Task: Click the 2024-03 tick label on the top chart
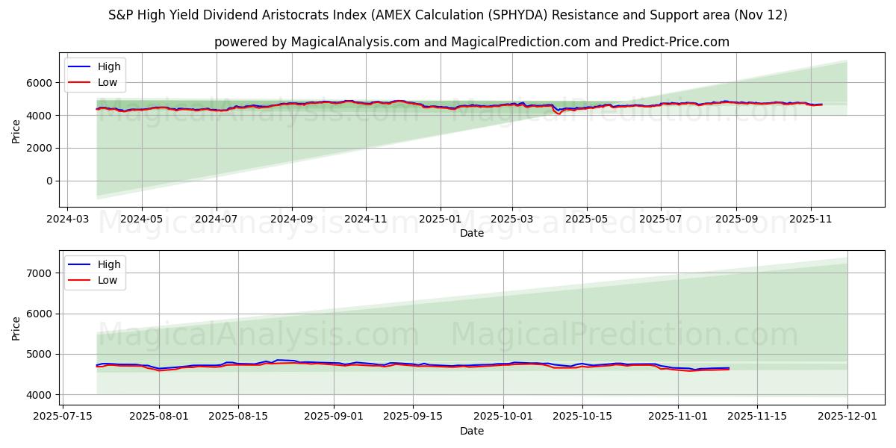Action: [68, 220]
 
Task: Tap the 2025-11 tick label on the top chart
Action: [810, 220]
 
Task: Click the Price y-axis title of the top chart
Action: [16, 131]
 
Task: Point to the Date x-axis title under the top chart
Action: [471, 234]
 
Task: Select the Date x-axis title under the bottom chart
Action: [471, 432]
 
